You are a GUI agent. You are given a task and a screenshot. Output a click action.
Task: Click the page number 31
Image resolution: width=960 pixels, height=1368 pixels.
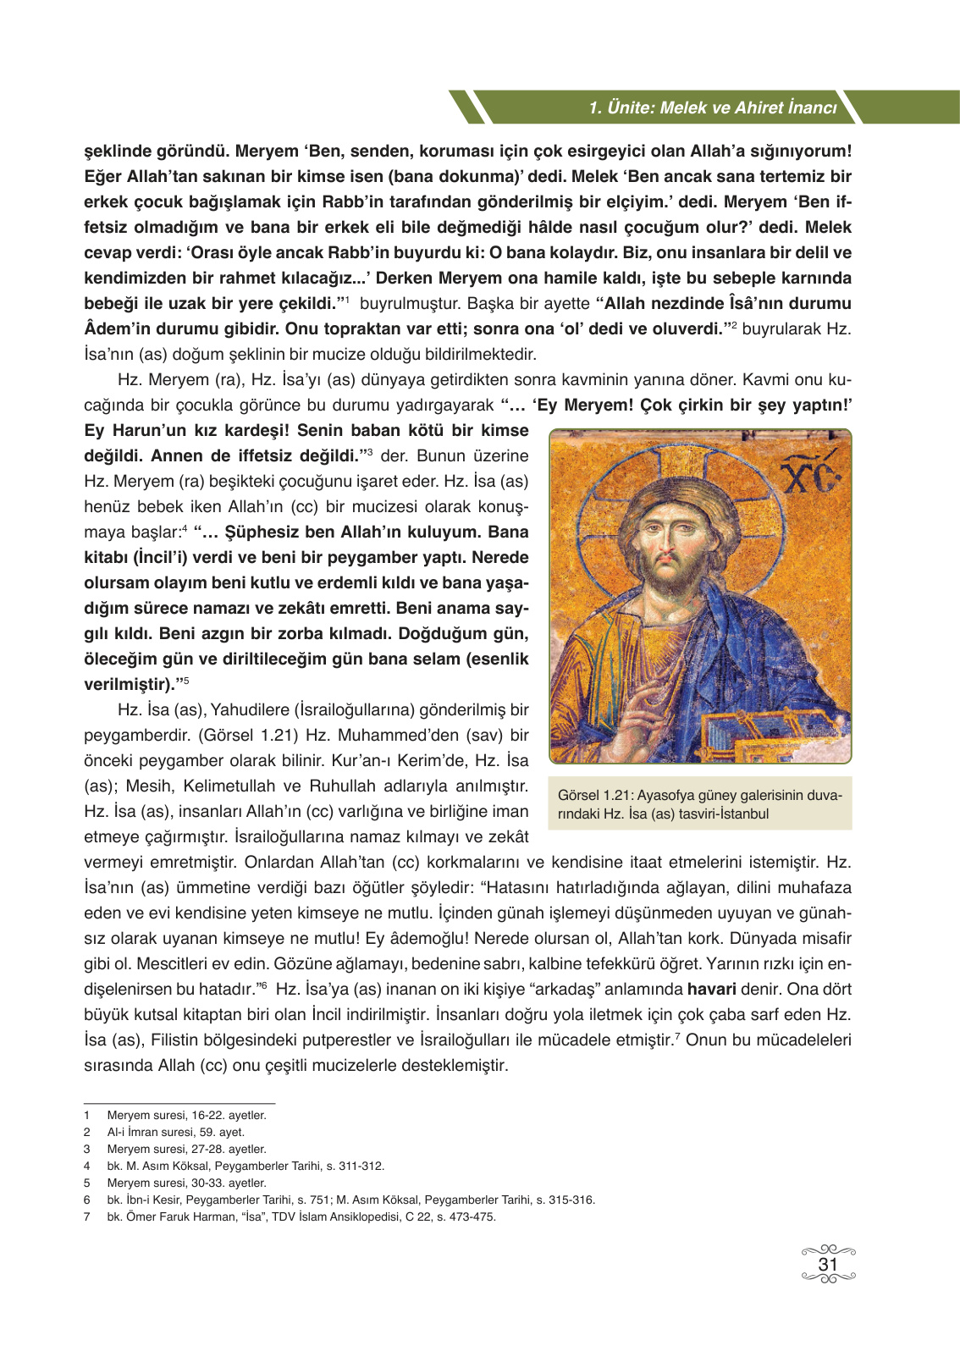click(x=828, y=1264)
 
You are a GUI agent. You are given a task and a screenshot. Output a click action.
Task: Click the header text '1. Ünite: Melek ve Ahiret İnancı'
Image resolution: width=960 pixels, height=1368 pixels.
click(x=712, y=108)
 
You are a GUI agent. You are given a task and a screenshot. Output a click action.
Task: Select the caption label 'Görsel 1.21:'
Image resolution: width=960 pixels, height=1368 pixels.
click(x=595, y=795)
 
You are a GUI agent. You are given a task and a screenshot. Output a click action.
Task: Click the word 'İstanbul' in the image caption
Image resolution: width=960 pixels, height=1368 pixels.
click(x=742, y=814)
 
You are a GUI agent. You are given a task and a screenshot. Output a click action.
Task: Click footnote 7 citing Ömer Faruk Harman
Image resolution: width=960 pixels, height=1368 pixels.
click(x=301, y=1216)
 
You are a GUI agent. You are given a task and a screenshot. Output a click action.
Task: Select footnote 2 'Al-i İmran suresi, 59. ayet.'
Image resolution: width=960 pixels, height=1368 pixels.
click(x=175, y=1132)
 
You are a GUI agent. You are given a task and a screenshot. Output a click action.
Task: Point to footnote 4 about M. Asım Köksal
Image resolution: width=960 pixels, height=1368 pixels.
click(x=246, y=1166)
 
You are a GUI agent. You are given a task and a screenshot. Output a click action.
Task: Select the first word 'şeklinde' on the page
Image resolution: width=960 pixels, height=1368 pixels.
click(x=117, y=151)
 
